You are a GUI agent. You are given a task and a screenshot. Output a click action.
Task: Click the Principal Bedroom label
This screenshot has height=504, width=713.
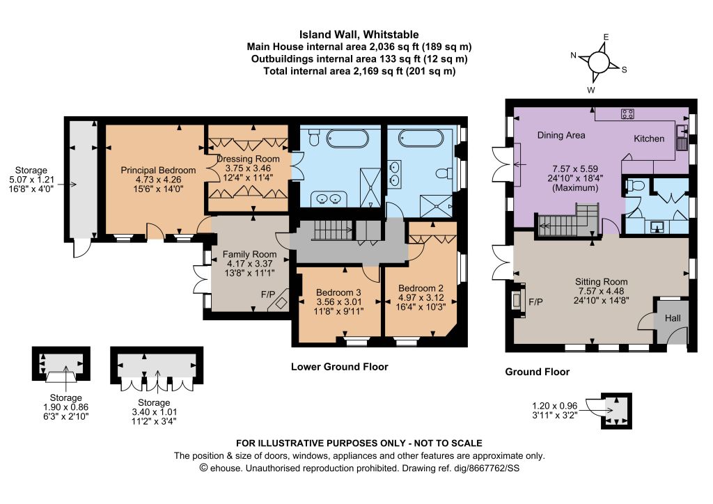tap(158, 170)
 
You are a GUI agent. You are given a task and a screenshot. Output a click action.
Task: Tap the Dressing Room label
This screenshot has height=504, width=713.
tap(249, 159)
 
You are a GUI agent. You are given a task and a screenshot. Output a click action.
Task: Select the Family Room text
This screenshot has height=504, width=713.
tap(250, 254)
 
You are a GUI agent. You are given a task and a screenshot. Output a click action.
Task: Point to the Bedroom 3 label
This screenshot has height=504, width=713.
tap(339, 292)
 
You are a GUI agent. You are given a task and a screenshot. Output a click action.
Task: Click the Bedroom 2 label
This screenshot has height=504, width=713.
tap(421, 288)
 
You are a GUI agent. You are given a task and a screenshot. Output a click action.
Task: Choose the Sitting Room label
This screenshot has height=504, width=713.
tap(601, 281)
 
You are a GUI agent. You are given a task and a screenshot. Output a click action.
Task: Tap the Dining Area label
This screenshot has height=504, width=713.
tap(561, 135)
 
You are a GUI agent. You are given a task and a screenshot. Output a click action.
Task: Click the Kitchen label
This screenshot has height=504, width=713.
tap(649, 139)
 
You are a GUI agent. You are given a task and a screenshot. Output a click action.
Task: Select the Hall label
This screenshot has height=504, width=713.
tap(673, 317)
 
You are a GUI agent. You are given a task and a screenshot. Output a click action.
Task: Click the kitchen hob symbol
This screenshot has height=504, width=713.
tap(627, 113)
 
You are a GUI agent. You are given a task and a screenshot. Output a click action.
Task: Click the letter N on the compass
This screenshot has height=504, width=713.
tap(574, 56)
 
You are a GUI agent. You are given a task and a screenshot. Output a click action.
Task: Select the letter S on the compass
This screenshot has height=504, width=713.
tap(625, 70)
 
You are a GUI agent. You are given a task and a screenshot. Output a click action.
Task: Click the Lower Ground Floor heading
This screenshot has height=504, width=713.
tap(340, 367)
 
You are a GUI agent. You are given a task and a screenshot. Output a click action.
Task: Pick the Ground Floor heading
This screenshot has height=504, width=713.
tap(538, 372)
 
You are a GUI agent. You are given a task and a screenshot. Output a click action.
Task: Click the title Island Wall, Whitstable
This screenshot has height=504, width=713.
tap(359, 35)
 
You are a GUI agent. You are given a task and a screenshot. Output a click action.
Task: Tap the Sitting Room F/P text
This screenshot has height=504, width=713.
tap(535, 301)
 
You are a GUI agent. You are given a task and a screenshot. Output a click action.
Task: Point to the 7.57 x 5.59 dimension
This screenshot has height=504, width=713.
tap(575, 168)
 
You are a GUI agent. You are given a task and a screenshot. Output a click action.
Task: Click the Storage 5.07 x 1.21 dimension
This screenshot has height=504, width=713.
tap(31, 180)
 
